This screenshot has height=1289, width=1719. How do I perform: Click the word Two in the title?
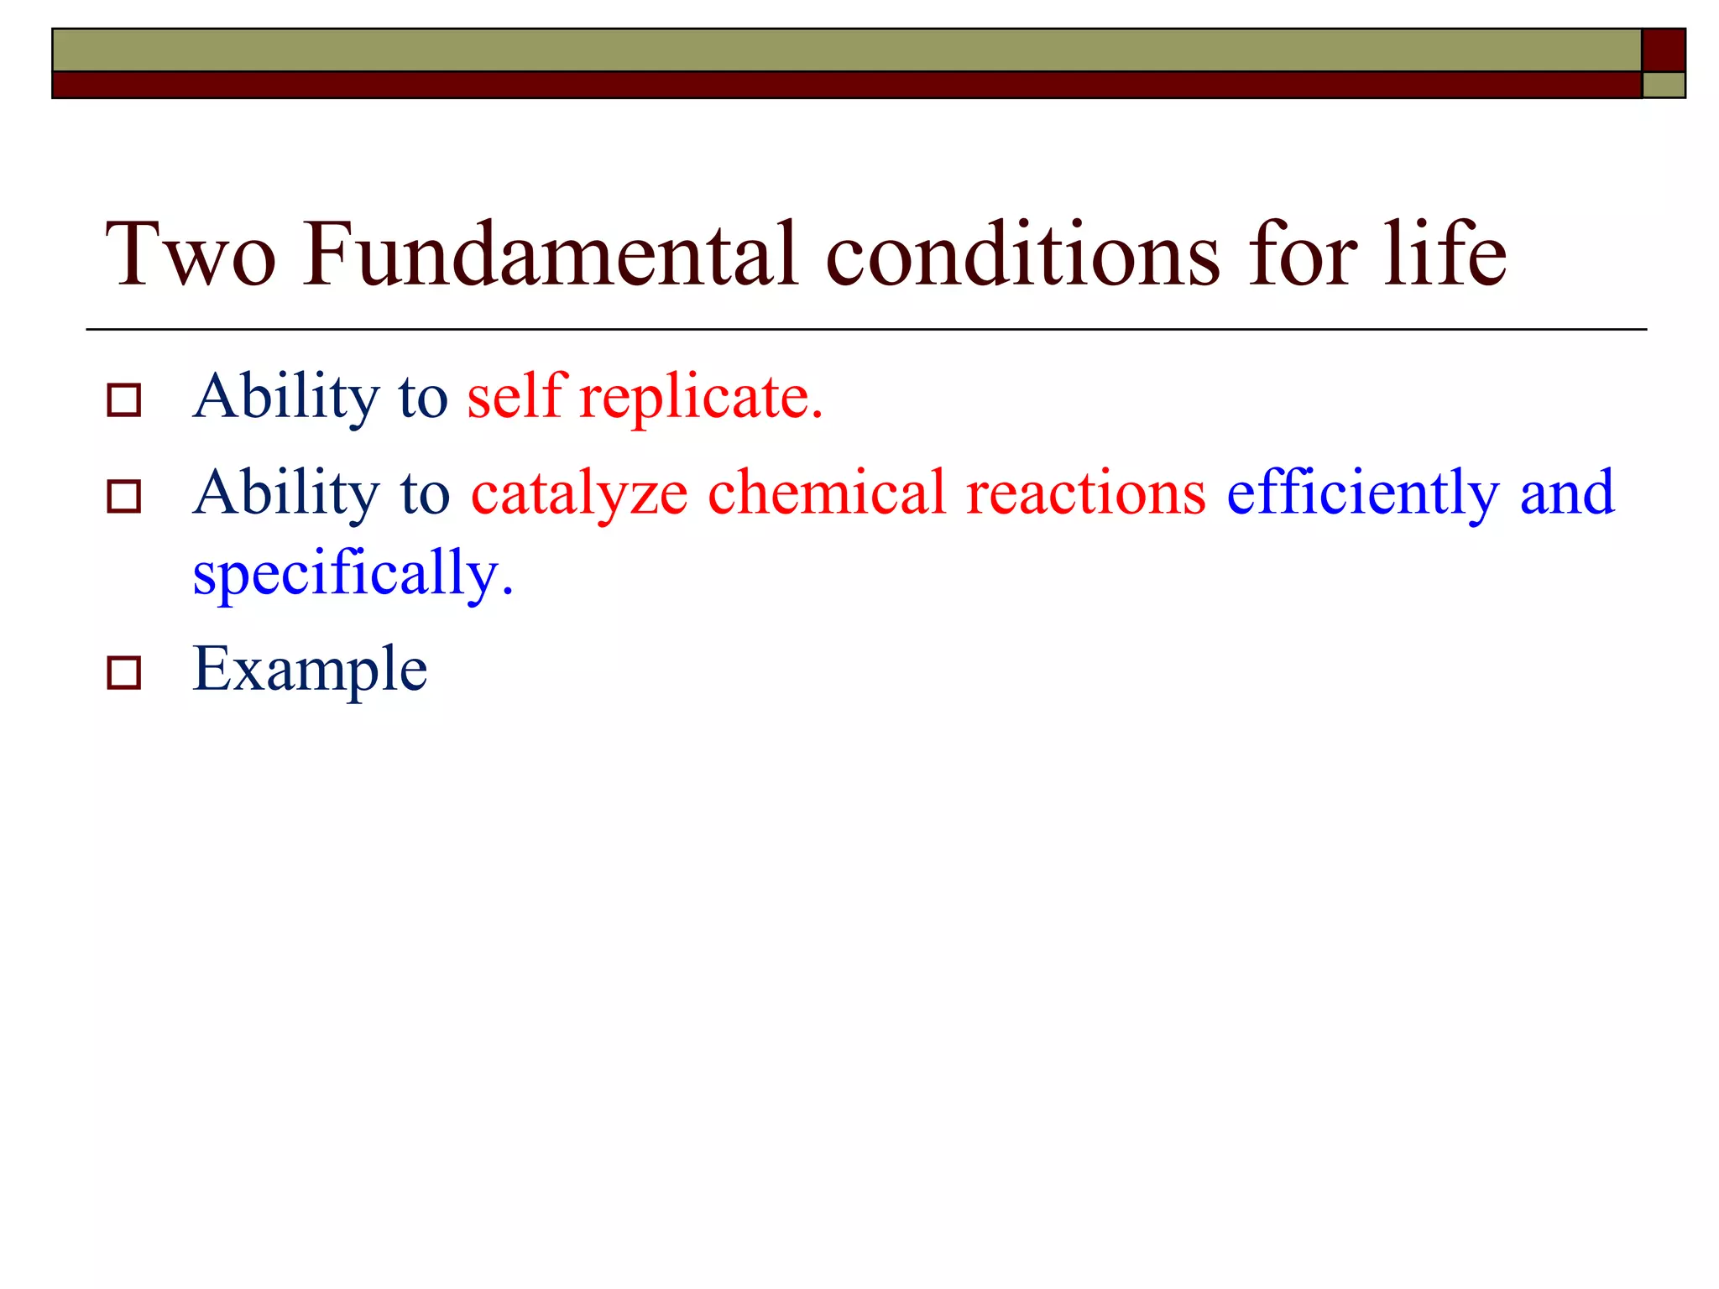(x=191, y=254)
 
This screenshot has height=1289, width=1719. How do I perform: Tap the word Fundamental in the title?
(x=551, y=254)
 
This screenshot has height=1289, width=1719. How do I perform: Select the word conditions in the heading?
(x=1022, y=254)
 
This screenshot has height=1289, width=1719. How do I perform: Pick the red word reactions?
(x=1086, y=494)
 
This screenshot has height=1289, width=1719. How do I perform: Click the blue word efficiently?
(x=1362, y=494)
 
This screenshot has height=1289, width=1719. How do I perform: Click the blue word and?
(x=1566, y=493)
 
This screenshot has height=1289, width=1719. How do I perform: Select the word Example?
(x=310, y=671)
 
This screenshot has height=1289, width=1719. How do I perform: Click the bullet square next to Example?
(x=124, y=673)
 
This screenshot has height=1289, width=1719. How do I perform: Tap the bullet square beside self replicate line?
(x=124, y=400)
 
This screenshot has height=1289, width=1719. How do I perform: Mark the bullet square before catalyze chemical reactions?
(x=124, y=497)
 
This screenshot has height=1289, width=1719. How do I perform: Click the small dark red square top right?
(x=1663, y=50)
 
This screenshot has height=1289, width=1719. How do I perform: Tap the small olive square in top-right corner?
(x=1664, y=86)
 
